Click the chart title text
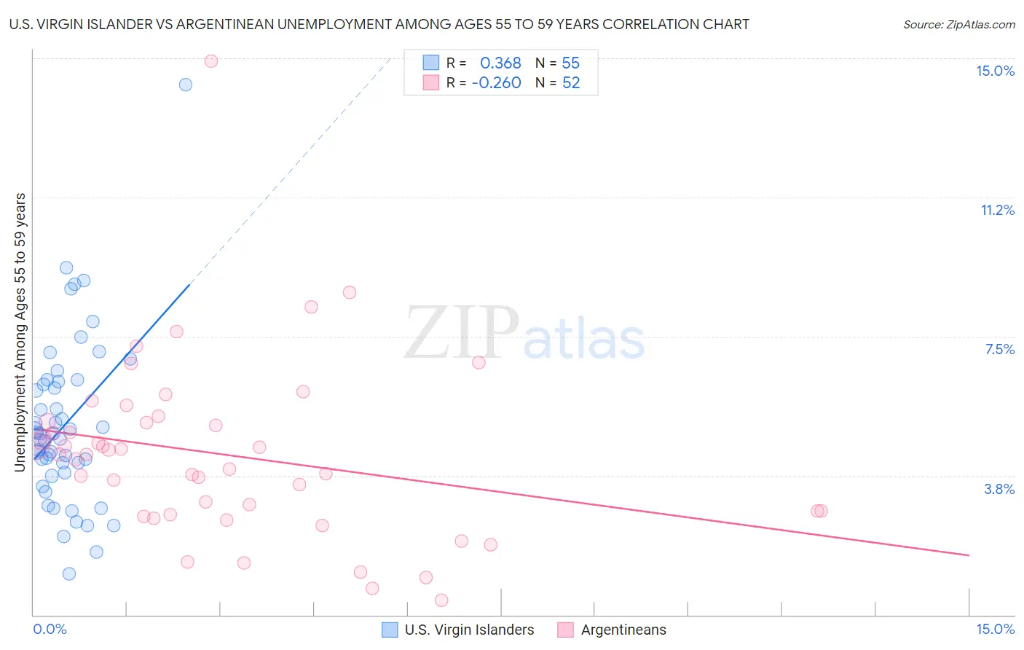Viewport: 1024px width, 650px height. pos(379,24)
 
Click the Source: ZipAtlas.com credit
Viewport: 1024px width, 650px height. pos(958,24)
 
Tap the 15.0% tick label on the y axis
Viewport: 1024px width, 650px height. pos(995,71)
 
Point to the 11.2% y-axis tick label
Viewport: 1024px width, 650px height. pos(997,210)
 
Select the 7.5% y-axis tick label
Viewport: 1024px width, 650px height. pos(999,349)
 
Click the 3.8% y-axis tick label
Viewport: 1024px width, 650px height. pos(999,489)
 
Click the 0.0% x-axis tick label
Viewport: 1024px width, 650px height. pos(50,629)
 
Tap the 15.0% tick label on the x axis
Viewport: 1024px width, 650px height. pos(995,629)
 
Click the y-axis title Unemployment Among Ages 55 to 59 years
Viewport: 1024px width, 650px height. pos(20,332)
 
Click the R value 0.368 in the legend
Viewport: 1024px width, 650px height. pos(500,63)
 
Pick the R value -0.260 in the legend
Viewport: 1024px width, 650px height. pos(496,83)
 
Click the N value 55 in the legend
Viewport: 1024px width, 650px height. pos(571,63)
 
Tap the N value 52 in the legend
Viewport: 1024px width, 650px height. pos(571,83)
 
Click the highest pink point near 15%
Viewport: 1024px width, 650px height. pos(211,61)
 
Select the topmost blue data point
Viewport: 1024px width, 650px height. pos(186,85)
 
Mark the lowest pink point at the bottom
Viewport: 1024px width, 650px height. pos(441,600)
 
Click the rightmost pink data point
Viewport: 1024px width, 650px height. pos(822,511)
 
